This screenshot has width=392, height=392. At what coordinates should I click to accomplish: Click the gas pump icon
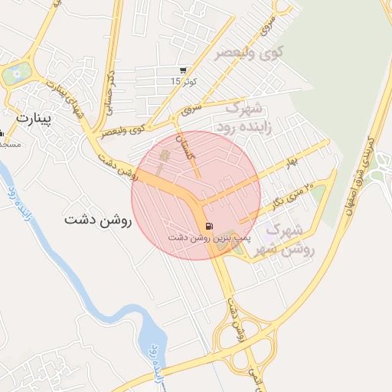[208, 225]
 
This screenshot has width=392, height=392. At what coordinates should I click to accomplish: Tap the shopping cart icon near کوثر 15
[181, 70]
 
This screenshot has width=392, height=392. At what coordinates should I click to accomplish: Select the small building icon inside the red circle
[163, 160]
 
